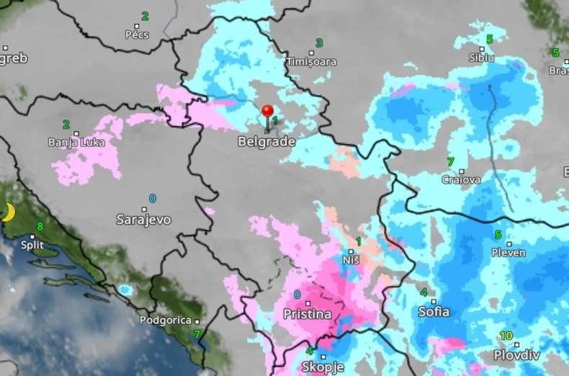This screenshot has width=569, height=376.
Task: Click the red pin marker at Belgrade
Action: [x=267, y=112]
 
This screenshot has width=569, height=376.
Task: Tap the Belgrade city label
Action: [x=266, y=142]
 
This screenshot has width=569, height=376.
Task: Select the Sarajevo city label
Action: [x=144, y=220]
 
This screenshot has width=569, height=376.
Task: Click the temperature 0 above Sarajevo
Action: [x=153, y=198]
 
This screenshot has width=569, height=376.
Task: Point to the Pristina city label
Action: [x=308, y=314]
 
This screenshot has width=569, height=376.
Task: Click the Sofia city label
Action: [x=434, y=312]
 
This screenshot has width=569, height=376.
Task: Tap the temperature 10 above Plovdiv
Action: [x=506, y=336]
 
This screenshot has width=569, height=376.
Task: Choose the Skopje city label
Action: [x=323, y=367]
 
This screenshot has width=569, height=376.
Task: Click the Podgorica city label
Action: [x=165, y=320]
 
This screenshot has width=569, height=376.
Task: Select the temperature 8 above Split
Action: [x=40, y=226]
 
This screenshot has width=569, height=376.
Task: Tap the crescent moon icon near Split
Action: [x=8, y=212]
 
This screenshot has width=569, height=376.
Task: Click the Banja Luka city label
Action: [x=76, y=143]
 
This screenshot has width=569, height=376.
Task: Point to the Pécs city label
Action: [x=137, y=35]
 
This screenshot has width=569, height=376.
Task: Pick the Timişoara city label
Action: [x=311, y=62]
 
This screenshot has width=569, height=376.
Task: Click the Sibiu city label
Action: [x=481, y=57]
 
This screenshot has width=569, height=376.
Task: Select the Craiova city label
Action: [x=461, y=179]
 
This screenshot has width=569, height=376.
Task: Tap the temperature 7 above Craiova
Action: [x=451, y=161]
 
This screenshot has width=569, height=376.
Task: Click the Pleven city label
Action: [x=508, y=253]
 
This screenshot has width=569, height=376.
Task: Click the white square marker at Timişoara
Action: [x=312, y=52]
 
